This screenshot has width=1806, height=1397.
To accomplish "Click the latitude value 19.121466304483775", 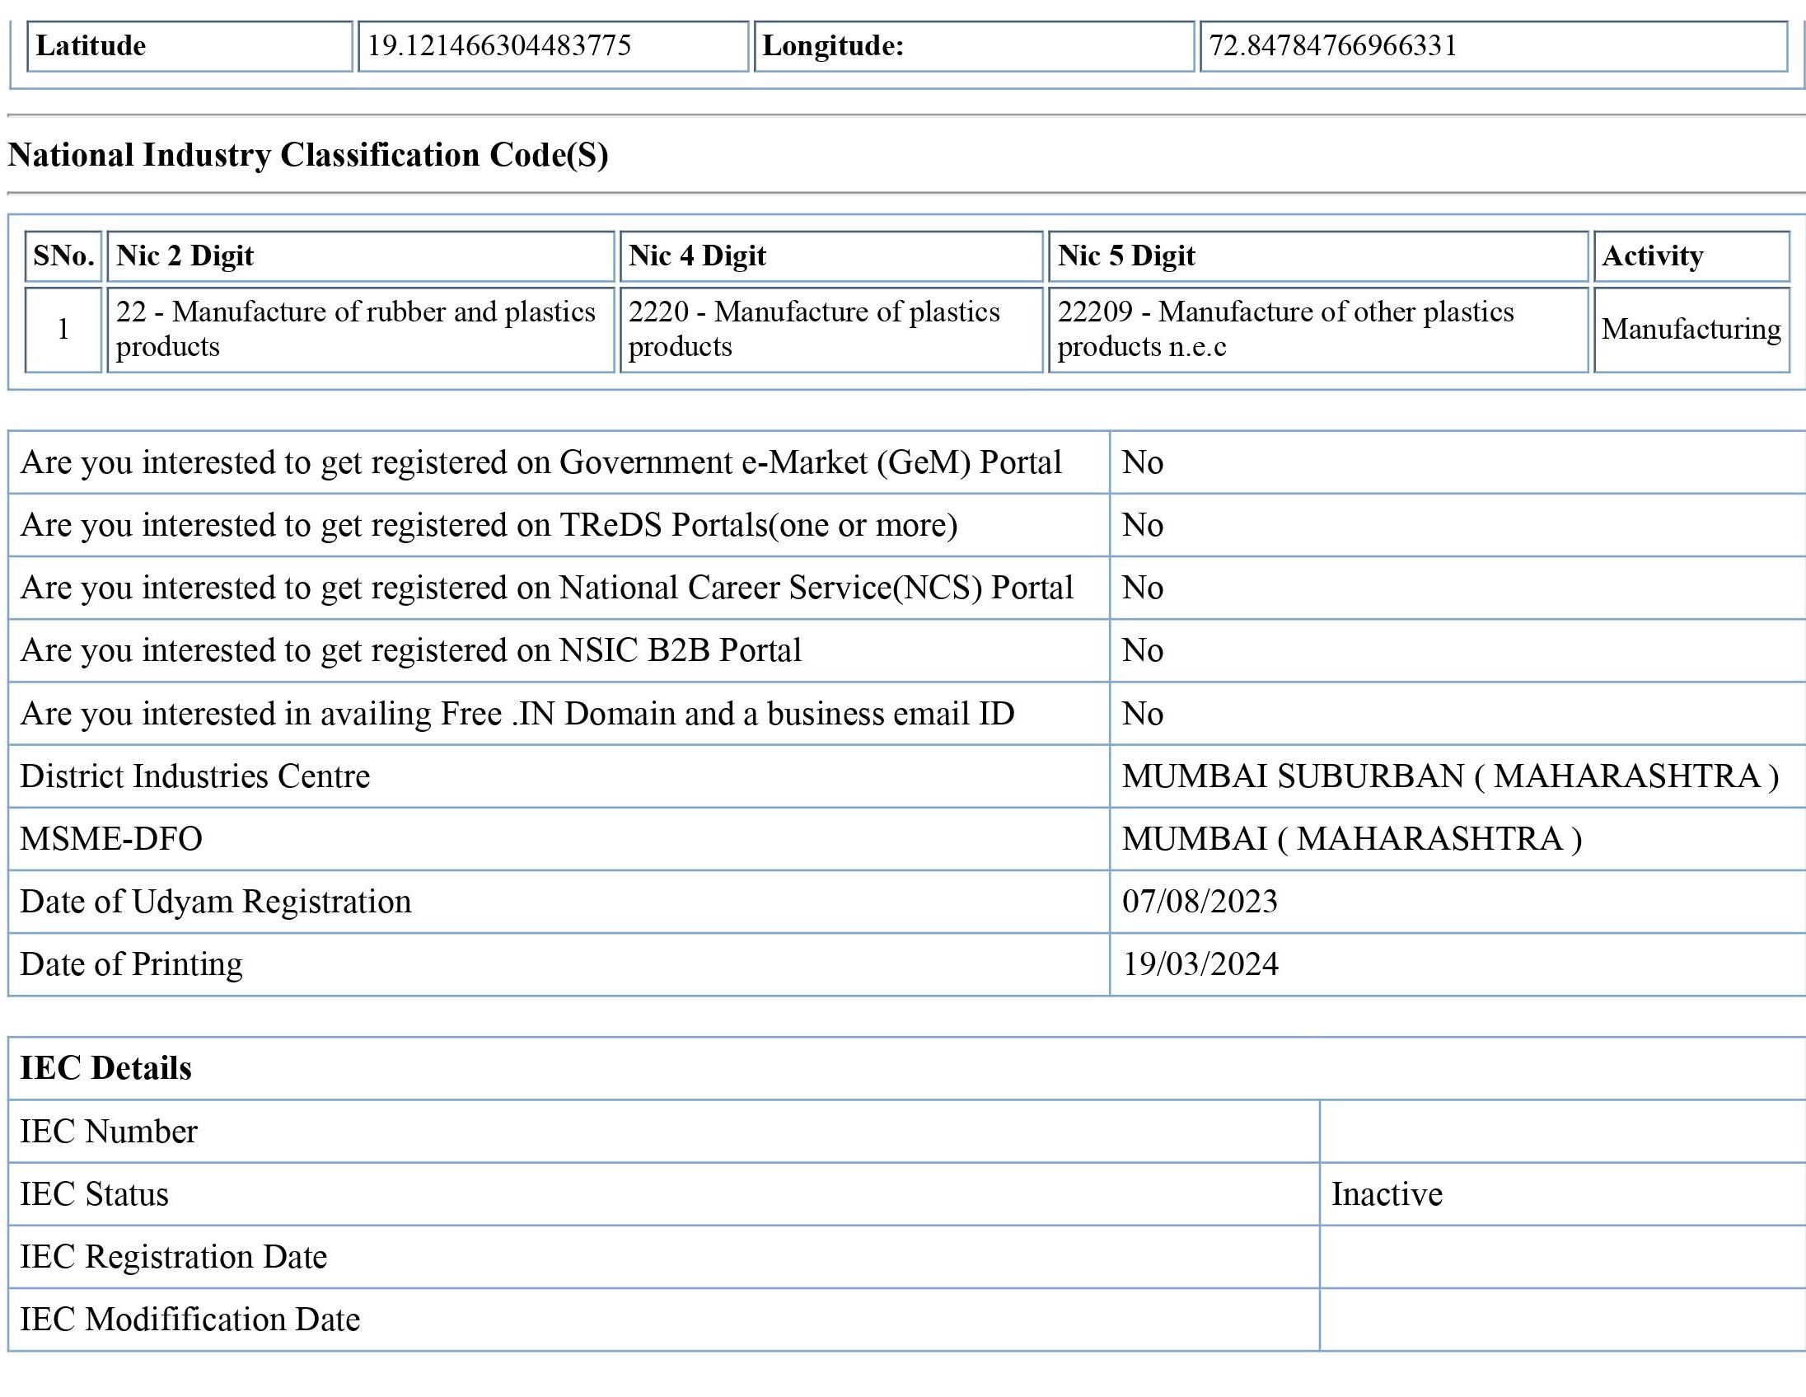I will click(x=498, y=45).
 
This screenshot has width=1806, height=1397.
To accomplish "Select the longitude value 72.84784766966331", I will click(x=1333, y=45).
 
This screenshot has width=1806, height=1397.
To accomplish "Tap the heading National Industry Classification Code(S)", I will click(x=307, y=155).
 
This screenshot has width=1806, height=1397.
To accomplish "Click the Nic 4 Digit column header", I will click(x=697, y=255).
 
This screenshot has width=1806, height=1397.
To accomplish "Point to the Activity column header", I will click(x=1652, y=255).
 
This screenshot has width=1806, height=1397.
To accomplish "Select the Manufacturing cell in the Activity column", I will click(x=1691, y=329).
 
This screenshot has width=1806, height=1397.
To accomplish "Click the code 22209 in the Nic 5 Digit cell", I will click(x=1094, y=312).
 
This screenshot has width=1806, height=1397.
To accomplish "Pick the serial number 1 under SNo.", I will click(x=63, y=329).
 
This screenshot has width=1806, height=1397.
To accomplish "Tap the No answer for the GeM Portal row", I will click(x=1142, y=462).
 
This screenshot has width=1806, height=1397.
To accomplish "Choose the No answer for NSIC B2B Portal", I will click(x=1142, y=651).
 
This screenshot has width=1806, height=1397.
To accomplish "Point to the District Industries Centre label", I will click(x=195, y=776).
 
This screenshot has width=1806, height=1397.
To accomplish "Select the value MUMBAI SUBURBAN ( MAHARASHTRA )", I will click(x=1449, y=776).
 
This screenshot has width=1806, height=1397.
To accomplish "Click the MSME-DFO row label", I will click(x=110, y=839).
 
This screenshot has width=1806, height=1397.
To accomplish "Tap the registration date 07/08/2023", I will click(x=1199, y=902).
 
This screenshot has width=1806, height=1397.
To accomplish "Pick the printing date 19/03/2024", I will click(x=1200, y=964).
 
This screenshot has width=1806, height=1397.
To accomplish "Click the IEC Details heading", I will click(x=105, y=1069).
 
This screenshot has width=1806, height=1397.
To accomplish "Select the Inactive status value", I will click(x=1387, y=1194).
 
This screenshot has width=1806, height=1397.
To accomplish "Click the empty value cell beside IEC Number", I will click(x=1561, y=1132).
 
